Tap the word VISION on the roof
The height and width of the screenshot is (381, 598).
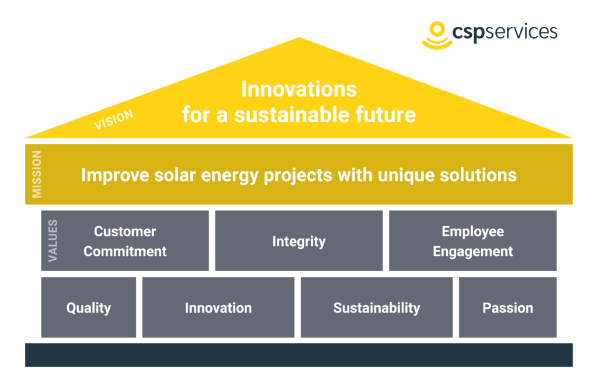click(113, 120)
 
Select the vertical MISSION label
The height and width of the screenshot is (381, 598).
click(37, 174)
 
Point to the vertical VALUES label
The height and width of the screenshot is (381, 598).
click(53, 240)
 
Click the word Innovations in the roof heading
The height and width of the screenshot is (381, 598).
click(298, 89)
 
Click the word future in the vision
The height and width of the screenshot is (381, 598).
click(386, 115)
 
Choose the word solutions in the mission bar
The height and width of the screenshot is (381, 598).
click(484, 175)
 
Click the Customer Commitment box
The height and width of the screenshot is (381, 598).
click(125, 241)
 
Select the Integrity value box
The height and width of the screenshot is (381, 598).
click(299, 241)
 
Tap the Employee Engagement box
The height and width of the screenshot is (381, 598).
click(472, 241)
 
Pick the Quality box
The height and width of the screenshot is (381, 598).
click(89, 308)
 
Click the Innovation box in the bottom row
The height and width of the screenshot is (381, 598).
click(218, 308)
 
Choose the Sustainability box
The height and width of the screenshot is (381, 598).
click(377, 308)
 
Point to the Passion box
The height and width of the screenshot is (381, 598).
click(507, 308)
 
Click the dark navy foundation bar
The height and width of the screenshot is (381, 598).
click(299, 355)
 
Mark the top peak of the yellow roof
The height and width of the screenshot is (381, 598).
click(299, 39)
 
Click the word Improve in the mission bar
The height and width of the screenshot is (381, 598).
click(108, 175)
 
